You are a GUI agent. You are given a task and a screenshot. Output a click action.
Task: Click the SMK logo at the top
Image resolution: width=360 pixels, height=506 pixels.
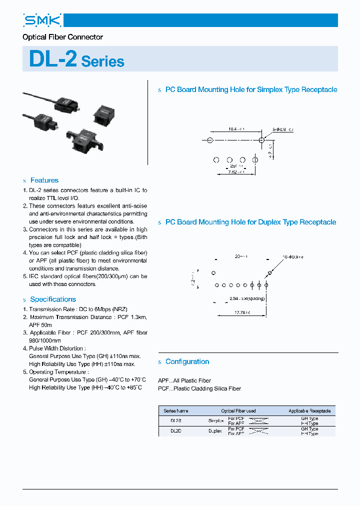[x=42, y=20]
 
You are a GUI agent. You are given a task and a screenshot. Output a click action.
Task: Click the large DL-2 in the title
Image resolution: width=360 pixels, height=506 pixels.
[x=53, y=59]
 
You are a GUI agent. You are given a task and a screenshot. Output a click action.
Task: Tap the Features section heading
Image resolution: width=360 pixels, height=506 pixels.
[x=44, y=180]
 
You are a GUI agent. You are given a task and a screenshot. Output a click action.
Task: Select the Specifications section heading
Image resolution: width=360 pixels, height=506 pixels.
[x=53, y=299]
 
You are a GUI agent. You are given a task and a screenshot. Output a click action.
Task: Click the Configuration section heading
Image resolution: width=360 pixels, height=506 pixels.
[x=187, y=361]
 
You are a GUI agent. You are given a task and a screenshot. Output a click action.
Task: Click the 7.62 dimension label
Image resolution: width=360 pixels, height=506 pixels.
[x=236, y=171]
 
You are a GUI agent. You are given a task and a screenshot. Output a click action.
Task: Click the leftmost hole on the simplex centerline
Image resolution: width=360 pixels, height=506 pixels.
[x=210, y=140]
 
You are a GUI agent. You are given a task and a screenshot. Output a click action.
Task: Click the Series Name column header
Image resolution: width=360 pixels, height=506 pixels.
[x=176, y=411]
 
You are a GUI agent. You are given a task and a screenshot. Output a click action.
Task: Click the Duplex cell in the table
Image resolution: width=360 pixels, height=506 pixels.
[x=216, y=431]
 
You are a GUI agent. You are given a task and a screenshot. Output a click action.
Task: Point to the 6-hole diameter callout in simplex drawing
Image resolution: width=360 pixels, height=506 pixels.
[x=283, y=129]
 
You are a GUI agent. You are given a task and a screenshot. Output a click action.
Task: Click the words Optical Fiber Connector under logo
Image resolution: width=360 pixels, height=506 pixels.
[x=63, y=37]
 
